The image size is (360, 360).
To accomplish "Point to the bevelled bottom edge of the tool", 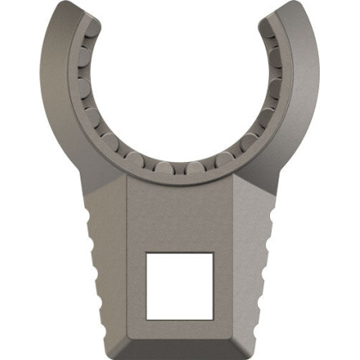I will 180,346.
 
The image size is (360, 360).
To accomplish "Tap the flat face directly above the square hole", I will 180,214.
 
